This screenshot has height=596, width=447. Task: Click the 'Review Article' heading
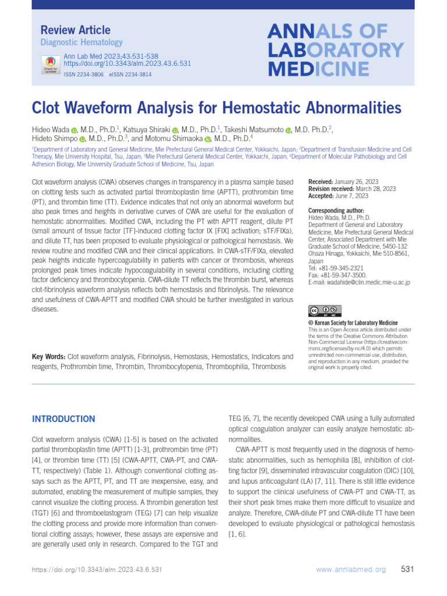tap(75, 30)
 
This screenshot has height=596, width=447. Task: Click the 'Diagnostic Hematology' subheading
tap(81, 42)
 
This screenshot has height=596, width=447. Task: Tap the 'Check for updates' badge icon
tap(51, 63)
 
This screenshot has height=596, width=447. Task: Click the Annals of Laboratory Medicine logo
tap(335, 50)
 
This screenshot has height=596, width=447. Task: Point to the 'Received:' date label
tap(320, 182)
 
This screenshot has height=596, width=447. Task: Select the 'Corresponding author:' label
tap(336, 210)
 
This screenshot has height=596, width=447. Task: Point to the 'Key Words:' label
tap(49, 356)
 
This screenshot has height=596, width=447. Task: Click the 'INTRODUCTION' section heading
tap(63, 419)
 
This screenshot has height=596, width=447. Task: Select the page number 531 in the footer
tap(407, 569)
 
